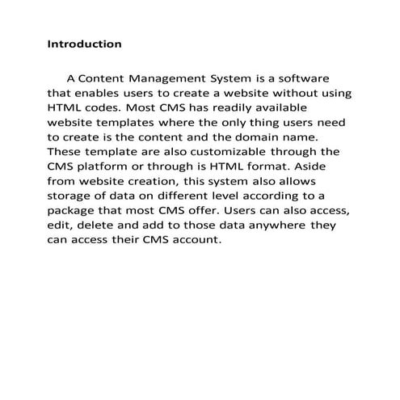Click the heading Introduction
(85, 44)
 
